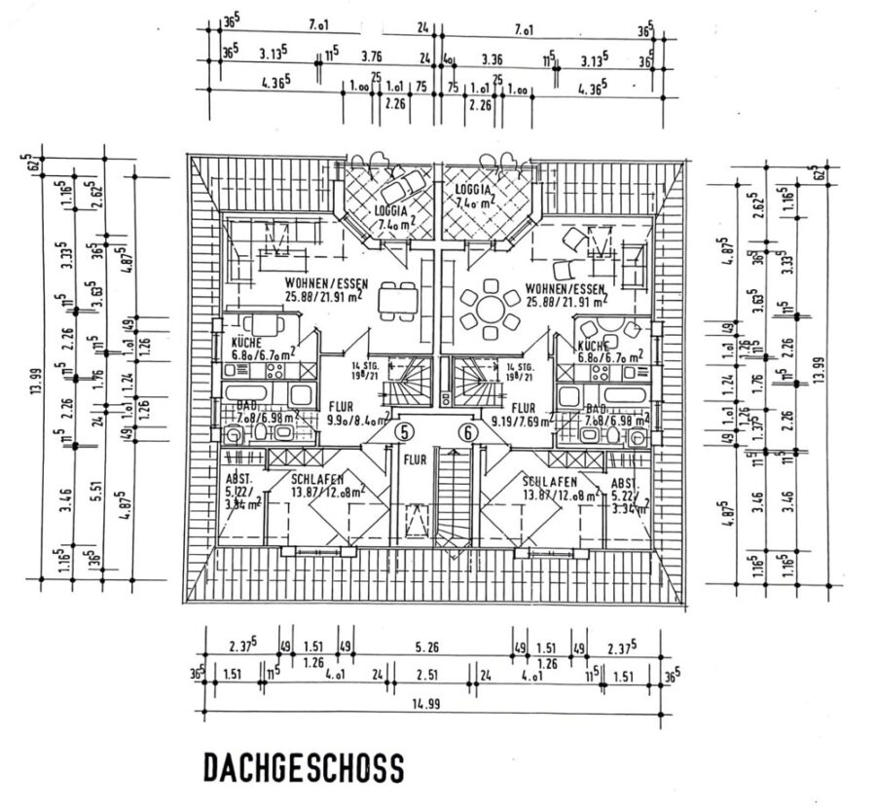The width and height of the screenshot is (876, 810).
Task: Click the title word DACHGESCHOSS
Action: click(303, 768)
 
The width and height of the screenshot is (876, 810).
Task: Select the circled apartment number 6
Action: click(469, 432)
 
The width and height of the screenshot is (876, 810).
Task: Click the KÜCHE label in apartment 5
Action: click(244, 343)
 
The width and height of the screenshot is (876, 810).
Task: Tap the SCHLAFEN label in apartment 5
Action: click(317, 481)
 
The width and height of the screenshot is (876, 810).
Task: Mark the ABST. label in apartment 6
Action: click(624, 482)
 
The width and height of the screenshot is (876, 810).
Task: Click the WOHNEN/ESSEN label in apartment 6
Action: click(565, 289)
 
